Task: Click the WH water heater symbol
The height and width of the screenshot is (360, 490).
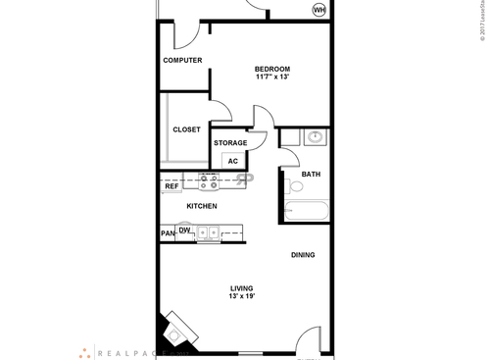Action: (x=319, y=10)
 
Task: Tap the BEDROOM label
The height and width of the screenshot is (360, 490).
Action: (x=273, y=68)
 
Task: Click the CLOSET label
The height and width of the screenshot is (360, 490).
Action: (x=186, y=129)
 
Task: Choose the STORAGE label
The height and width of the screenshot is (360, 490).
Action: (x=230, y=143)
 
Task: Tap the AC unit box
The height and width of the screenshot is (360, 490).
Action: (x=233, y=161)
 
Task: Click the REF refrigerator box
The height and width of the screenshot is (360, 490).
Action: (x=171, y=185)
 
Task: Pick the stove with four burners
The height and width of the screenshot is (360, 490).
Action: (x=210, y=181)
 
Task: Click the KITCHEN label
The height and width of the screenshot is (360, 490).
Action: (x=202, y=206)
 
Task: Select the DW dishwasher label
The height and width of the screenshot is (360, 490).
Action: (x=184, y=230)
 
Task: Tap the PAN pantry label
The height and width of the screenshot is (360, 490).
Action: (x=168, y=233)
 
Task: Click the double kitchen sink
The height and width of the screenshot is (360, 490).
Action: (x=208, y=233)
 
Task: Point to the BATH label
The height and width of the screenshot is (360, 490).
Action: (x=311, y=175)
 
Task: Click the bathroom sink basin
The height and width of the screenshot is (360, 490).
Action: (x=314, y=137)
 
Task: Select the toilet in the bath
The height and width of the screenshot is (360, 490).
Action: (x=294, y=184)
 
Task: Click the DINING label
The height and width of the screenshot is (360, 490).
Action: (x=303, y=256)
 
